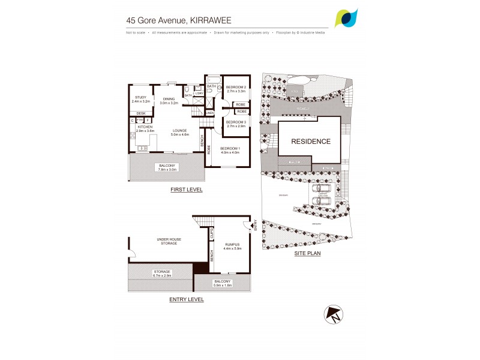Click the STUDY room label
point(141,97)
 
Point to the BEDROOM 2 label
point(236,88)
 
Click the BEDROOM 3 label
point(236,122)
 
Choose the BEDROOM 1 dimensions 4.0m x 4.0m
point(230,152)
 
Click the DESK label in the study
point(141,113)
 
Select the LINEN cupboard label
point(209,113)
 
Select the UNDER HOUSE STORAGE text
point(169,241)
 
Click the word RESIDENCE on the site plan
point(310,142)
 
